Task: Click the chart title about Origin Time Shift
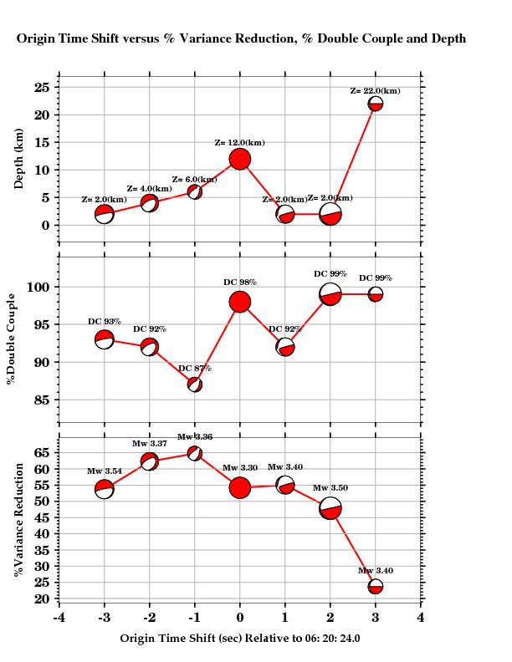point(241,38)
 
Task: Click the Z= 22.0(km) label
point(375,90)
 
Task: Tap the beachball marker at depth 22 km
point(376,104)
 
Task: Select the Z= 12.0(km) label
point(240,143)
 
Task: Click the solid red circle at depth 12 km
point(240,159)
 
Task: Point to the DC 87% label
point(195,369)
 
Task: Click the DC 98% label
point(240,283)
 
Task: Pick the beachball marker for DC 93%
point(104,339)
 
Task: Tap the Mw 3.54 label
point(105,471)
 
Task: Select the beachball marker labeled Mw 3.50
point(330,508)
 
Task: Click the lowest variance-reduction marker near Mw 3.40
point(376,587)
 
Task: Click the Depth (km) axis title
point(18,160)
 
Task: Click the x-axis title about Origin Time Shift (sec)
point(240,638)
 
